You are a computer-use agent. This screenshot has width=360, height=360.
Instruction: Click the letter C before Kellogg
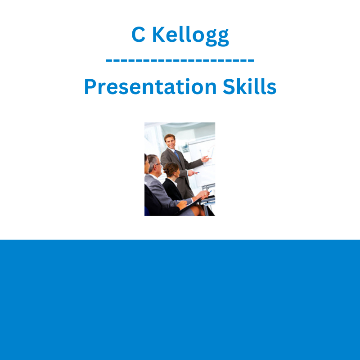click(139, 34)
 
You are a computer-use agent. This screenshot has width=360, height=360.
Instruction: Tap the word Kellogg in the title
click(190, 36)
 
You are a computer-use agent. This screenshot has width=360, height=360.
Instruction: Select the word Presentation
click(151, 86)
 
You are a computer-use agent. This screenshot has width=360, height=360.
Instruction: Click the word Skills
click(250, 86)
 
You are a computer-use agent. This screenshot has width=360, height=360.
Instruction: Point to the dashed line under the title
click(180, 61)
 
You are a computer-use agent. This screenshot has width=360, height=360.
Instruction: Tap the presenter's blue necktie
click(177, 155)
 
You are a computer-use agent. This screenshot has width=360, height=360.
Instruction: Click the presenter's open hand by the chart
click(206, 159)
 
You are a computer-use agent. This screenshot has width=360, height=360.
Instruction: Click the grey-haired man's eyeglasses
click(158, 164)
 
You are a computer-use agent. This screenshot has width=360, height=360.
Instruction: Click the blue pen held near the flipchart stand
click(210, 192)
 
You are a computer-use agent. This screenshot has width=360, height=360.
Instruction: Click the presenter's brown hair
click(170, 137)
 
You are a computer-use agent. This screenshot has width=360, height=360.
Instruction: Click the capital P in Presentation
click(90, 86)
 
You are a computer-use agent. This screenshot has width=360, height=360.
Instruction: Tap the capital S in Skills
click(229, 86)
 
